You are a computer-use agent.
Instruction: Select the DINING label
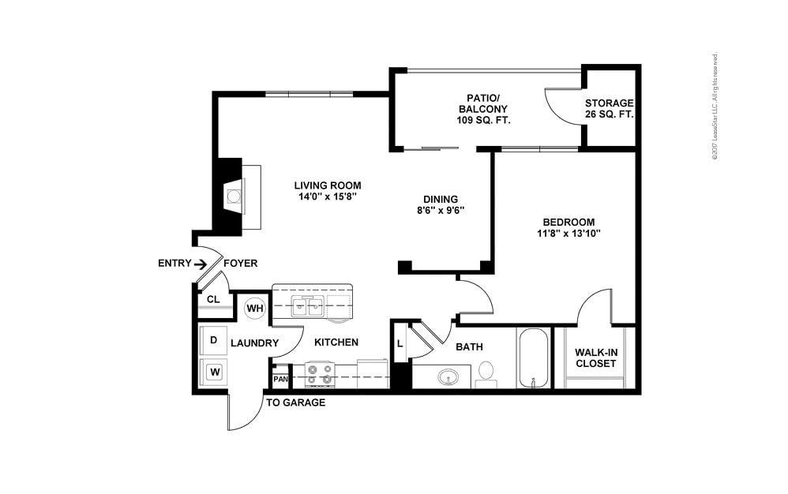coord(441,199)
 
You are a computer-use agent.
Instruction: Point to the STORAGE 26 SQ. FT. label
coord(609,109)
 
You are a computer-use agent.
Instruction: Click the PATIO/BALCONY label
coord(482,109)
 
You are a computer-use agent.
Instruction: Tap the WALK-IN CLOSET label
coord(596,357)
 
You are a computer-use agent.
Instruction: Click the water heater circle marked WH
coord(254,308)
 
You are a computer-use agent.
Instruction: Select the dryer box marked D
coord(213,340)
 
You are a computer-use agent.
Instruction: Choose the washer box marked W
coord(213,369)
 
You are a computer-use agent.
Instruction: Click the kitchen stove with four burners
coord(321,374)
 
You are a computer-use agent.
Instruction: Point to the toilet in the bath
coord(486,372)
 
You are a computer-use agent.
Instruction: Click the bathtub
coord(533,357)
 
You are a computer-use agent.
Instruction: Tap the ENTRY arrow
coord(201,264)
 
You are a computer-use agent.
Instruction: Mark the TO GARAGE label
coord(295,402)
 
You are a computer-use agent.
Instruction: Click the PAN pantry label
coord(280,380)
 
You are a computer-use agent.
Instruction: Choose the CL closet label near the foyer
coord(213,300)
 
